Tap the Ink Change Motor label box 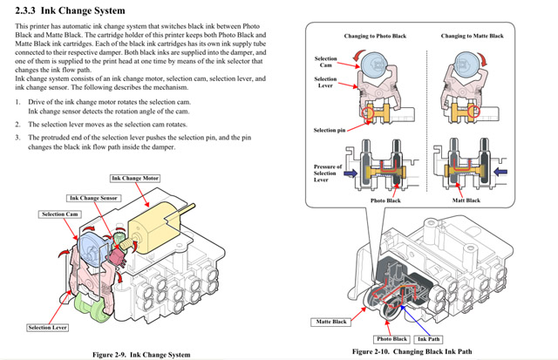(x=134, y=178)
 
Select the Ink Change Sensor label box (x=93, y=199)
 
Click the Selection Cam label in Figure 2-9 (x=58, y=214)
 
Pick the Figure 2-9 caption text (x=141, y=354)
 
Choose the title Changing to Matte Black (x=472, y=36)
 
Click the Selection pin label (x=330, y=130)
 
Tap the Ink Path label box (x=429, y=338)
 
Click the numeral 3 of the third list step (x=18, y=138)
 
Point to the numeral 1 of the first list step (x=18, y=102)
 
